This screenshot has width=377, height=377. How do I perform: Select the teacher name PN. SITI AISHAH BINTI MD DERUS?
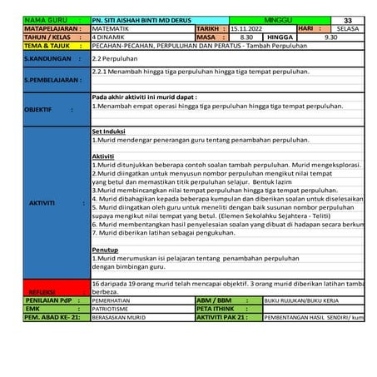(142, 19)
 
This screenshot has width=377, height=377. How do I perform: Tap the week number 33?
(346, 19)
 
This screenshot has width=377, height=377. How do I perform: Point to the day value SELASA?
(346, 28)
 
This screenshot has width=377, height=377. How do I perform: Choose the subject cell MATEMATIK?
(112, 28)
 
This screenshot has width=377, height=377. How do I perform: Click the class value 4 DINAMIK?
(112, 37)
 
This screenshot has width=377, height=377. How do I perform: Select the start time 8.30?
(246, 37)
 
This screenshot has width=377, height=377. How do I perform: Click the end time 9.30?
(330, 37)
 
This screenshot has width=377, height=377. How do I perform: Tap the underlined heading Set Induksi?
(107, 131)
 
